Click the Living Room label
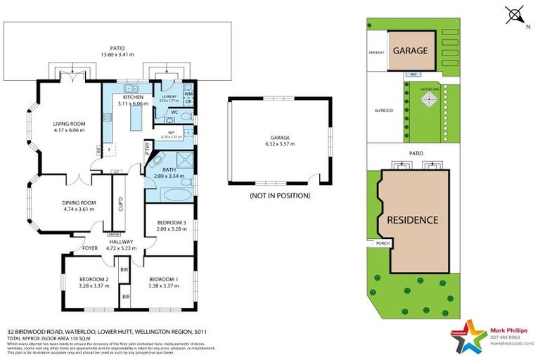[69, 124]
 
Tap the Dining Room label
[79, 202]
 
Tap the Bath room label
[169, 169]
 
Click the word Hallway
[121, 241]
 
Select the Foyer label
[90, 247]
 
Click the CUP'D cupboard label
[121, 203]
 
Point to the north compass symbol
[516, 15]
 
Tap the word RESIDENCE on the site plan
[413, 219]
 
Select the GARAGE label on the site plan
[411, 51]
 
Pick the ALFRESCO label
[383, 110]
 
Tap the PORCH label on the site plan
[383, 244]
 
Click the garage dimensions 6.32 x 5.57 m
[279, 143]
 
